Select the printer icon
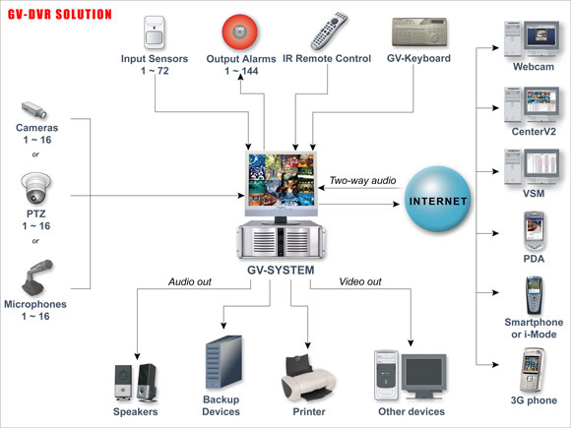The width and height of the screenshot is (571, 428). (308, 371)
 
